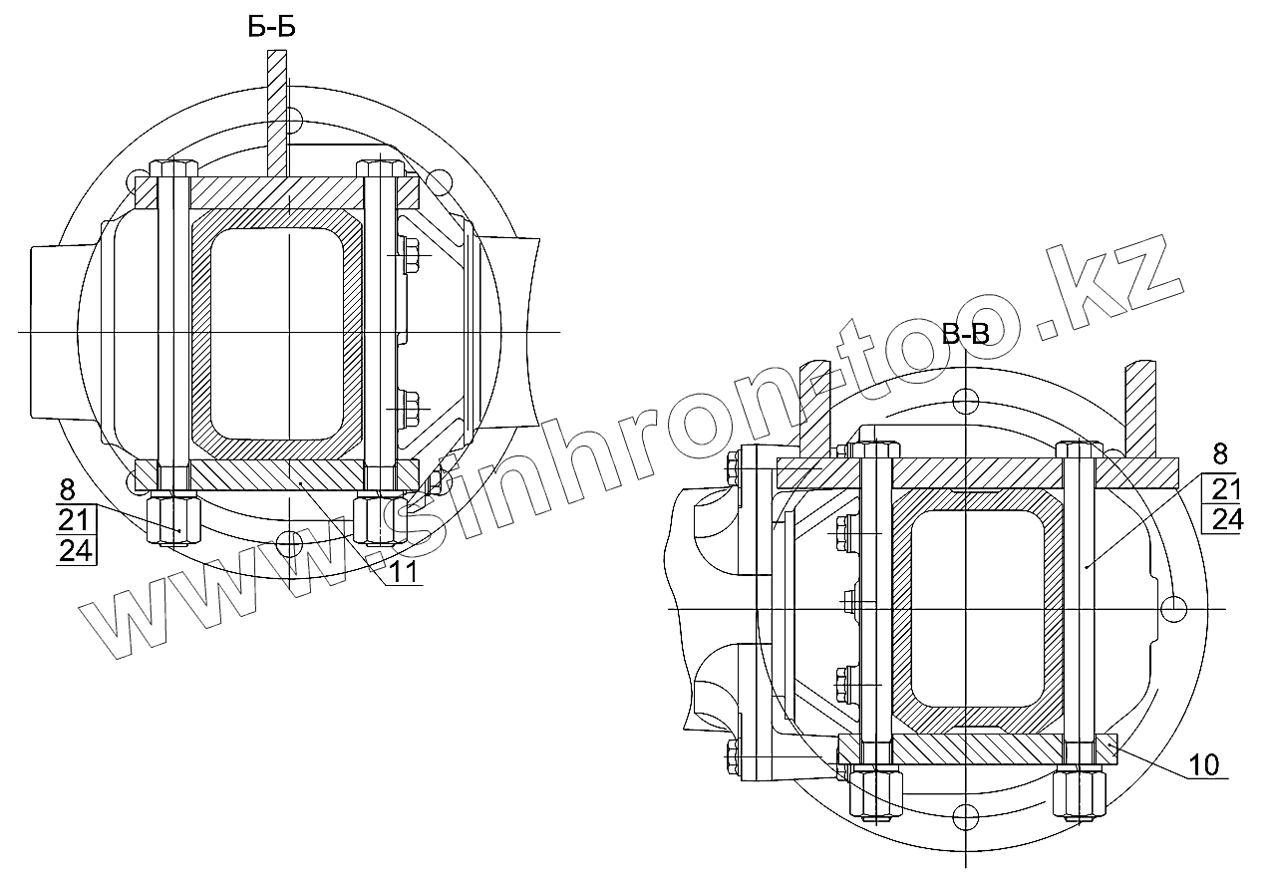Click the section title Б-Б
click(271, 27)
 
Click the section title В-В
click(966, 334)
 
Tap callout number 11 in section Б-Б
click(405, 573)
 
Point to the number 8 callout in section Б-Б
click(68, 489)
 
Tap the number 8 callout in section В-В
click(1220, 454)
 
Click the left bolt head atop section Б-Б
click(173, 168)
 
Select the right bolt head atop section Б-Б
click(380, 168)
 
